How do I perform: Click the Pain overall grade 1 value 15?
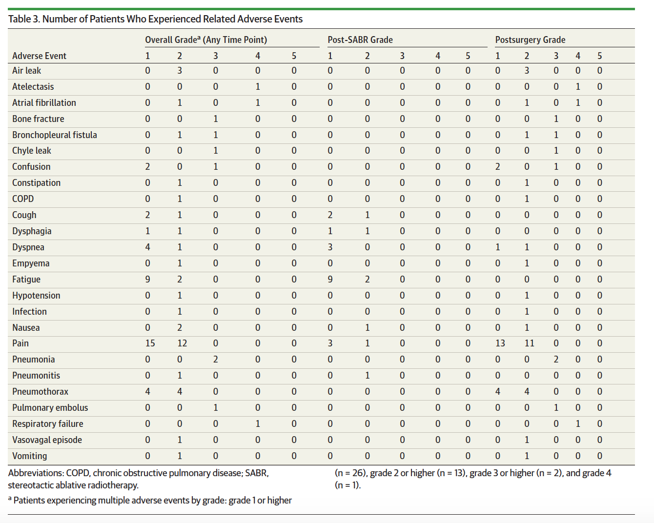(150, 343)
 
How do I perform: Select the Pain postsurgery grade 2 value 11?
(529, 343)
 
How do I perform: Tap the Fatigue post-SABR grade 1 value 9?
(330, 279)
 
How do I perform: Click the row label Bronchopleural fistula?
(54, 135)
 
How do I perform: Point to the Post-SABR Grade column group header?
(360, 40)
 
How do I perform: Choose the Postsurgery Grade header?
(531, 40)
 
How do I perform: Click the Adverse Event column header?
(39, 56)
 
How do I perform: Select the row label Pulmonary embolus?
(50, 408)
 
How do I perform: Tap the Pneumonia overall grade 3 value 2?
(215, 360)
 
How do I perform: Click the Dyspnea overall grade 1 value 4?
(148, 247)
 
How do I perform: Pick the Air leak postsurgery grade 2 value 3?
(527, 71)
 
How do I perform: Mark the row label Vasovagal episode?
(47, 440)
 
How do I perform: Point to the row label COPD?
(23, 199)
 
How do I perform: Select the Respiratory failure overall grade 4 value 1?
(258, 423)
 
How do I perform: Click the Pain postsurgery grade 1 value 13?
(500, 343)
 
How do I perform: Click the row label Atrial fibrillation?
(44, 103)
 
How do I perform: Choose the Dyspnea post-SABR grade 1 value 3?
(330, 247)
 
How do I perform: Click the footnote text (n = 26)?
(351, 473)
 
